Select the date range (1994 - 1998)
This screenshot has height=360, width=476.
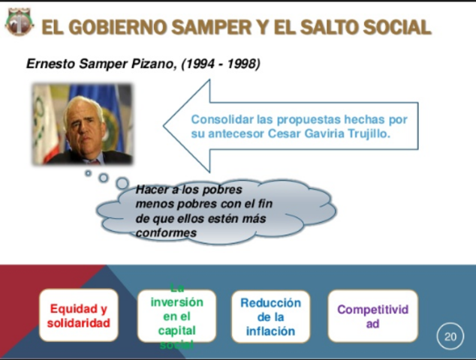click(221, 64)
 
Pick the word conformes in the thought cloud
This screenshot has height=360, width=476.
click(166, 233)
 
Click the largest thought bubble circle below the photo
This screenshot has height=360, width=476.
click(122, 183)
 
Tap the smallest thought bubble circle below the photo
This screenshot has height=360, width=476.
click(88, 173)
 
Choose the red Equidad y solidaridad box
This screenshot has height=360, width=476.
click(78, 316)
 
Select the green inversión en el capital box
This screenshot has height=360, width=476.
click(177, 316)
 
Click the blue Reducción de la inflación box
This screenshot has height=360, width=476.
click(270, 316)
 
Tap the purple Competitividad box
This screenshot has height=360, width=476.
click(372, 316)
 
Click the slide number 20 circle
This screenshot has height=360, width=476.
click(450, 337)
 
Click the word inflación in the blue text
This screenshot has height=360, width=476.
click(270, 331)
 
